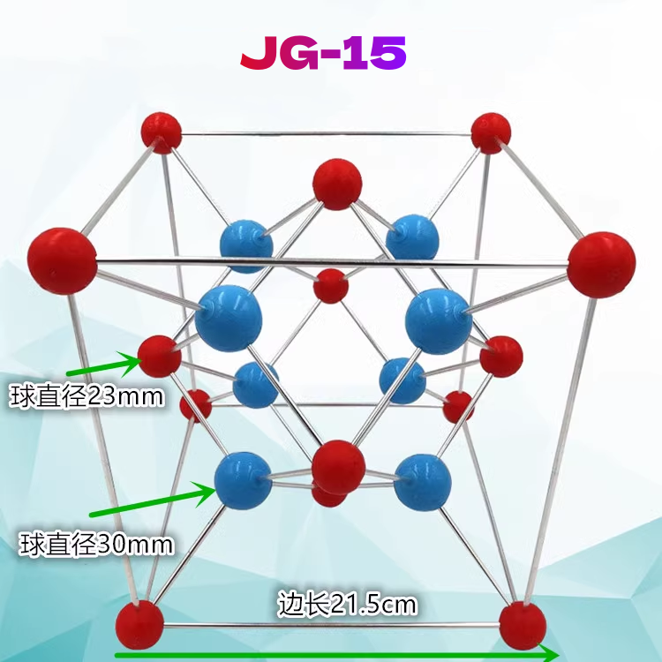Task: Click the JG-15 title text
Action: click(323, 55)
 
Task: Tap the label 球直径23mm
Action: click(87, 396)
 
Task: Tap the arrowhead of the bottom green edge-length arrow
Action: click(549, 654)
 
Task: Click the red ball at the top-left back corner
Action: click(162, 132)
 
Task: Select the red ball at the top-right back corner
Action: click(491, 132)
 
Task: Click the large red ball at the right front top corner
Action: click(601, 264)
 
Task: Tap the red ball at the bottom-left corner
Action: click(139, 624)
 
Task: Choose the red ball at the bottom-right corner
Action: click(523, 625)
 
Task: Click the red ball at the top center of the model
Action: click(337, 184)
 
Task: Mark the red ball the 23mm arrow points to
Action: click(160, 357)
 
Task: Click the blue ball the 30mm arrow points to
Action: click(244, 479)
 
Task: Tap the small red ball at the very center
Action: click(331, 286)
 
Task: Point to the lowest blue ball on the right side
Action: click(417, 482)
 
